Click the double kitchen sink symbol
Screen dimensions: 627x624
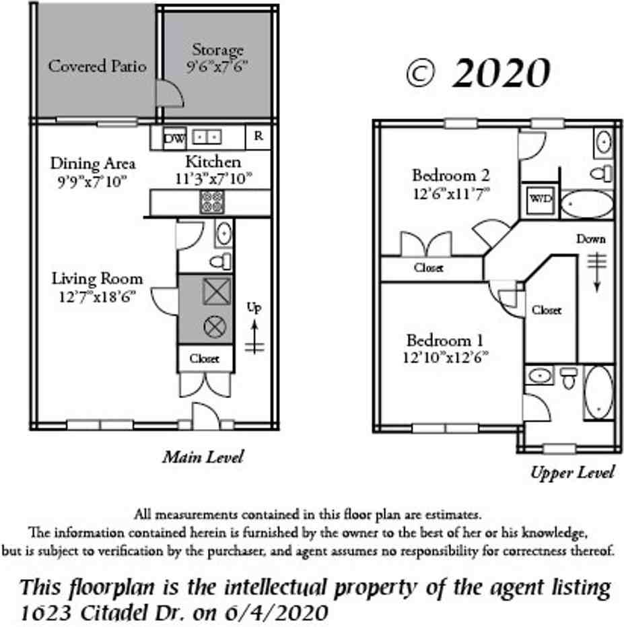(207, 137)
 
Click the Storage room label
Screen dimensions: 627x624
(217, 50)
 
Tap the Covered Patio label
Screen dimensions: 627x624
(97, 66)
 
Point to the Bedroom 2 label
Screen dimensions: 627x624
(450, 176)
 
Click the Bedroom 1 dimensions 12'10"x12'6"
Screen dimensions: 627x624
(445, 357)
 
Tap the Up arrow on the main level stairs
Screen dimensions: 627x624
(254, 330)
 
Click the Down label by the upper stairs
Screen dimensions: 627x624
(591, 238)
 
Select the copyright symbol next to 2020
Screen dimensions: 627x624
(421, 73)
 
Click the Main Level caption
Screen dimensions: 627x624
(203, 457)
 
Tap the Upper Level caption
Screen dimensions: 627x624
(572, 472)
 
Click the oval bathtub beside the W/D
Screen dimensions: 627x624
(587, 205)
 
